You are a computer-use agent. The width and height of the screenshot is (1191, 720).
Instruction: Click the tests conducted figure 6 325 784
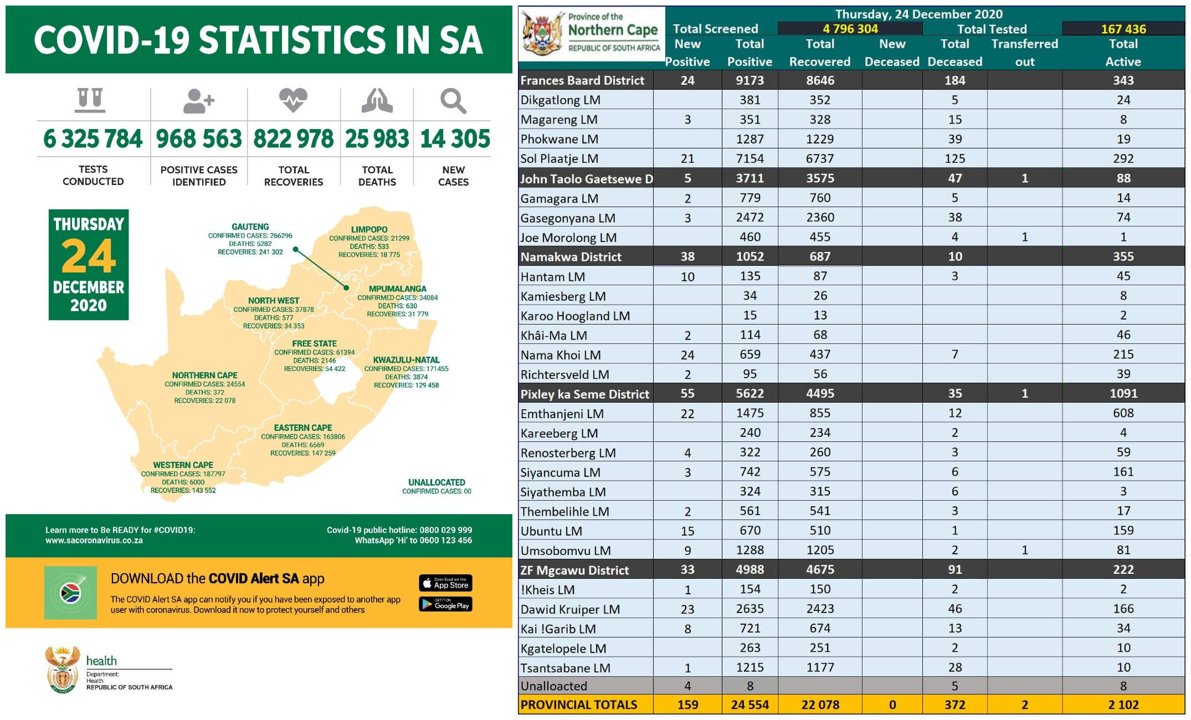tap(93, 138)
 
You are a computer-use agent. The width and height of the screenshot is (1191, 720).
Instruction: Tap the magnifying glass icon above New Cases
tap(453, 101)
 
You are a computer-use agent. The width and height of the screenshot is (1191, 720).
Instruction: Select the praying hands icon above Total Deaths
tap(377, 101)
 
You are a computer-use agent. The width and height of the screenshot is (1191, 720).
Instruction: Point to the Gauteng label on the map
tap(250, 227)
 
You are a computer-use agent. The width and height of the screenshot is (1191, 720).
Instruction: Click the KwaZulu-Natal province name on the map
tap(406, 360)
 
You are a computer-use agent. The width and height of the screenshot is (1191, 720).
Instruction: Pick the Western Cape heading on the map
tap(183, 465)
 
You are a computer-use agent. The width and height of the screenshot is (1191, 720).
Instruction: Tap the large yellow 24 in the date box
tap(89, 256)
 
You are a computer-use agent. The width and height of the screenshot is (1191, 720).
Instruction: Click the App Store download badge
tap(445, 583)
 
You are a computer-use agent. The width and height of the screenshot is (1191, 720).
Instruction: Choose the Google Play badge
tap(445, 604)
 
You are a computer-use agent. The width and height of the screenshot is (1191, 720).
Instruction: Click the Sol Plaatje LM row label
tap(559, 159)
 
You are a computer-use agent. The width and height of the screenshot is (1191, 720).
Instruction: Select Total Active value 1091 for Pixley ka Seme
tap(1123, 394)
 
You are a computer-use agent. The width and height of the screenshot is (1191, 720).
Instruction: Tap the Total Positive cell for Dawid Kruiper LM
tap(749, 609)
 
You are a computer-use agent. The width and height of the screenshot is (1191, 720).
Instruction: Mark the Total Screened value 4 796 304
tap(850, 29)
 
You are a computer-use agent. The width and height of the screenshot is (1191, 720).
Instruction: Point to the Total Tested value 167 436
tap(1123, 29)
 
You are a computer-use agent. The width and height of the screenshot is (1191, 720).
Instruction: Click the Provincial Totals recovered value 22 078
tap(820, 705)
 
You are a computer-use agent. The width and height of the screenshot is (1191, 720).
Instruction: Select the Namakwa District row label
tap(571, 257)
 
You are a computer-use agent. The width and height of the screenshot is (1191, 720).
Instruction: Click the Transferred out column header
tap(1024, 53)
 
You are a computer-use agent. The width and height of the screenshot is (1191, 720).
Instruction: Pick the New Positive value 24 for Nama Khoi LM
tap(687, 355)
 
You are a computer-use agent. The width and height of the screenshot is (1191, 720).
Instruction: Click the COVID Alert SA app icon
tap(70, 593)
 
